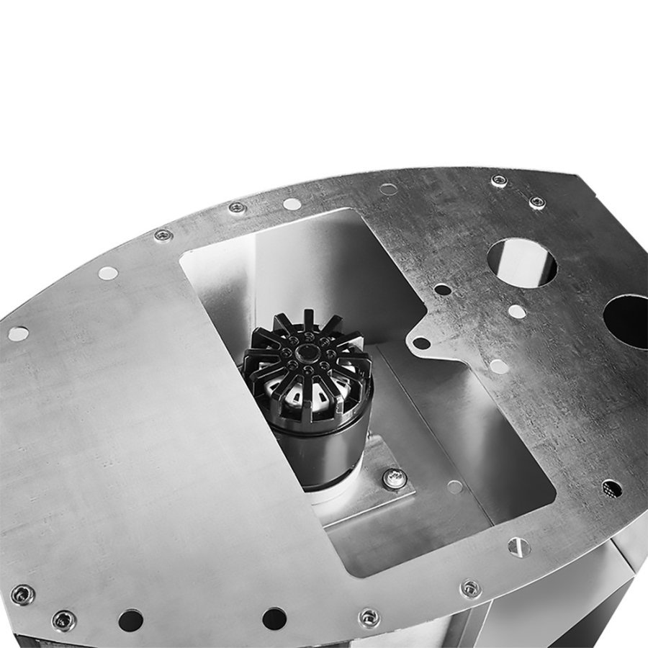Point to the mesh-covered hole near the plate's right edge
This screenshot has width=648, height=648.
611,488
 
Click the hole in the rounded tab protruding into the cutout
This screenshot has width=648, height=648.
421,343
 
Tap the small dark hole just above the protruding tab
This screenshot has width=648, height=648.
443,289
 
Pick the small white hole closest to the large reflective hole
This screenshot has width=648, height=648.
516,312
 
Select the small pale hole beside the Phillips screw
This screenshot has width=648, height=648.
454,487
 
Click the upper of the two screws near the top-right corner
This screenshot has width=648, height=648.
499,181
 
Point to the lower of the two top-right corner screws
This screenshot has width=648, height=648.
537,202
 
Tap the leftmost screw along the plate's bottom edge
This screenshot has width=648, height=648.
23,594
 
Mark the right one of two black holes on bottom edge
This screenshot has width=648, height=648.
274,618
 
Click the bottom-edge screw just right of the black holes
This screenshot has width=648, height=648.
369,618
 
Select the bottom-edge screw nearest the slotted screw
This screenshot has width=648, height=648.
470,588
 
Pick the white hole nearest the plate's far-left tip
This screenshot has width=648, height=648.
18,333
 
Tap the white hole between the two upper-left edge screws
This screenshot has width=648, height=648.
292,204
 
